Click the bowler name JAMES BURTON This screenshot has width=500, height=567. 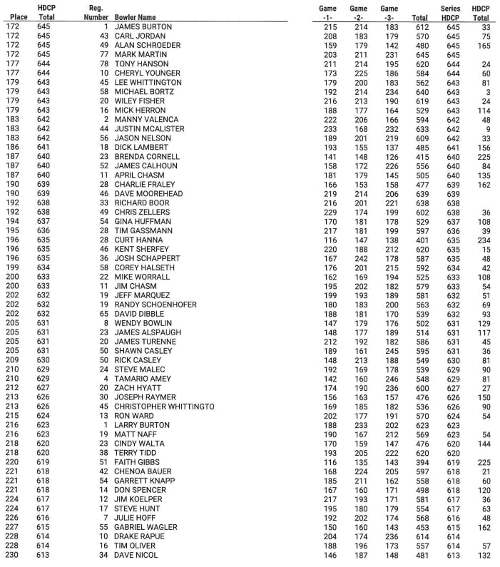[142, 26]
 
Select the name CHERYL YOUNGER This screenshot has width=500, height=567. [148, 73]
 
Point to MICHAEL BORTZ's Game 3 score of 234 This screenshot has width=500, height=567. [392, 91]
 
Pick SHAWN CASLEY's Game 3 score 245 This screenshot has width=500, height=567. [392, 351]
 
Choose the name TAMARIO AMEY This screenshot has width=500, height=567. [143, 379]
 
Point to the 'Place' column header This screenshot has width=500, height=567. [13, 16]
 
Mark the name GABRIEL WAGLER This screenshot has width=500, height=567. [146, 527]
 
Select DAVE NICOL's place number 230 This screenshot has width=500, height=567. [13, 555]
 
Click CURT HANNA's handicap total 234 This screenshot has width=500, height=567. [486, 240]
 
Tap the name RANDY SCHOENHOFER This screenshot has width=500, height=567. [155, 305]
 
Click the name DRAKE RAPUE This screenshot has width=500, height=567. [140, 536]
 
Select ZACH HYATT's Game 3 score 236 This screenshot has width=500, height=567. [392, 388]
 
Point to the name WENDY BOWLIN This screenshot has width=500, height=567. [143, 323]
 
